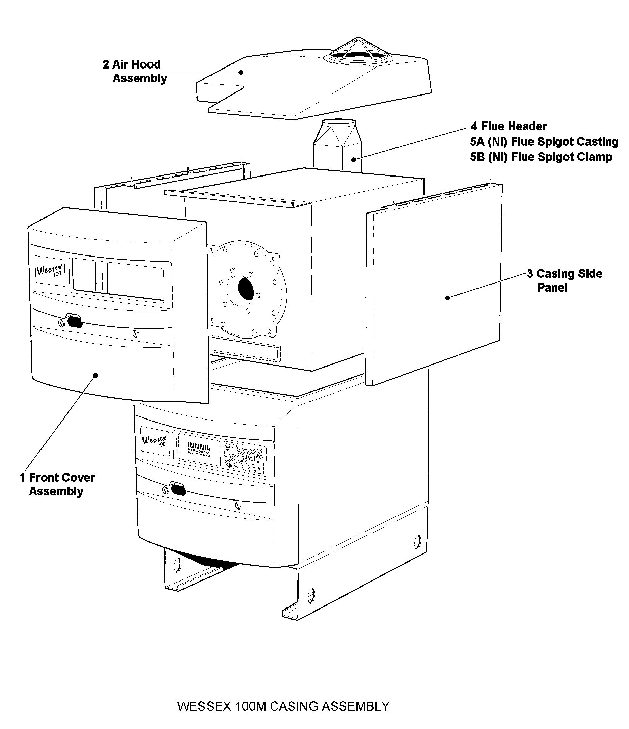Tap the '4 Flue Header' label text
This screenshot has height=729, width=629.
pos(509,126)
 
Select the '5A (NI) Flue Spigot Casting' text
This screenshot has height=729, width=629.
pos(544,142)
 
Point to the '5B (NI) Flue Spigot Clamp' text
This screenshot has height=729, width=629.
pos(541,157)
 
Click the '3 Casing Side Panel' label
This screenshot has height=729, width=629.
pos(564,280)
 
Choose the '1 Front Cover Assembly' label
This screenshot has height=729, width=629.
pos(57,484)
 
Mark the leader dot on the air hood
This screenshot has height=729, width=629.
pos(241,72)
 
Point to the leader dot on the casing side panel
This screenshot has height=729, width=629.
pos(447,298)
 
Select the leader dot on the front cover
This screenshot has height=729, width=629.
pos(95,375)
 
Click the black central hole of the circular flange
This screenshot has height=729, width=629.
pos(246,289)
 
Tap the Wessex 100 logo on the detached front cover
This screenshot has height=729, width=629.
pos(50,271)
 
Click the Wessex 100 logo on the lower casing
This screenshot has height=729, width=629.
pos(155,441)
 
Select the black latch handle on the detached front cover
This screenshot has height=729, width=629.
pos(74,322)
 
